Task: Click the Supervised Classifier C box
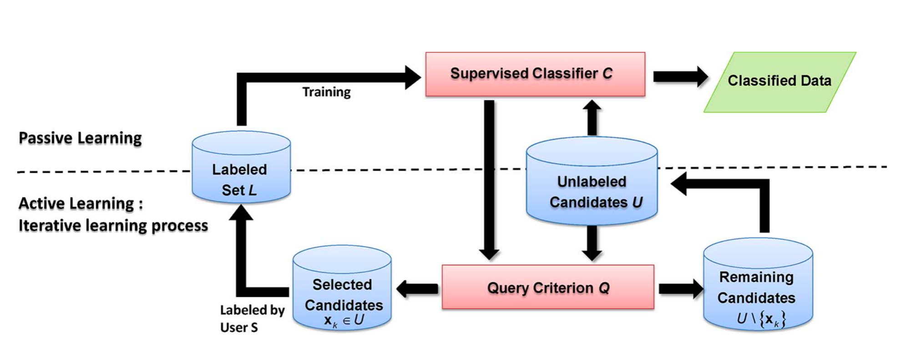(535, 74)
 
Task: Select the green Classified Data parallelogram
(779, 82)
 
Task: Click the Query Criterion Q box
(548, 287)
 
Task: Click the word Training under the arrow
(326, 92)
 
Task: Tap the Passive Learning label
(80, 138)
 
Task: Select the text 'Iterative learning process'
(113, 225)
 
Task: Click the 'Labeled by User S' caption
(252, 318)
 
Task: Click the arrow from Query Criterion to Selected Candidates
(417, 289)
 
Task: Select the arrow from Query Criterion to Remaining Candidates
(680, 289)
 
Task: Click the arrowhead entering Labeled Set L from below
(241, 213)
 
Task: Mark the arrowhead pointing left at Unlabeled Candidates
(679, 184)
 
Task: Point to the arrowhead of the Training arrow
(413, 77)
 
